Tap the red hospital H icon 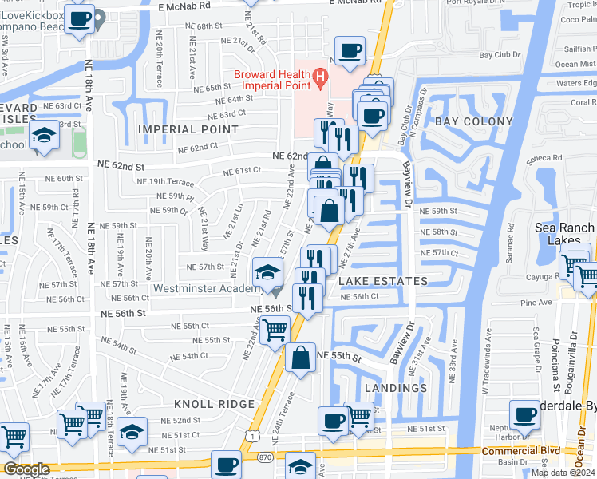pos(320,77)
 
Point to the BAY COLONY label pos(473,121)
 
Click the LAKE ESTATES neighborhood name pos(383,281)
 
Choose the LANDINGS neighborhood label pos(396,388)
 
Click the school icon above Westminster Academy pos(268,271)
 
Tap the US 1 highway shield pos(252,435)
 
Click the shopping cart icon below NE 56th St pos(275,328)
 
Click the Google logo pos(26,469)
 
